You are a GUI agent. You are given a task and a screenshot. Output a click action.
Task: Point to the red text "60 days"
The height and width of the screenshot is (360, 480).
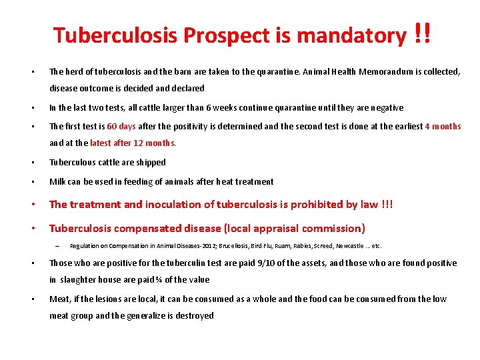click(x=121, y=127)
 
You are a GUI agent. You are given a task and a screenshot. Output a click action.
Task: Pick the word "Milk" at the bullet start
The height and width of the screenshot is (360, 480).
click(x=58, y=181)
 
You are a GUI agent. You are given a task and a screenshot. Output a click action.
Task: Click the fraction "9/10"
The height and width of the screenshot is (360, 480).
click(x=259, y=263)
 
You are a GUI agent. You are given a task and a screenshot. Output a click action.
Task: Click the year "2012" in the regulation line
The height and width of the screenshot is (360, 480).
click(x=190, y=246)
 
